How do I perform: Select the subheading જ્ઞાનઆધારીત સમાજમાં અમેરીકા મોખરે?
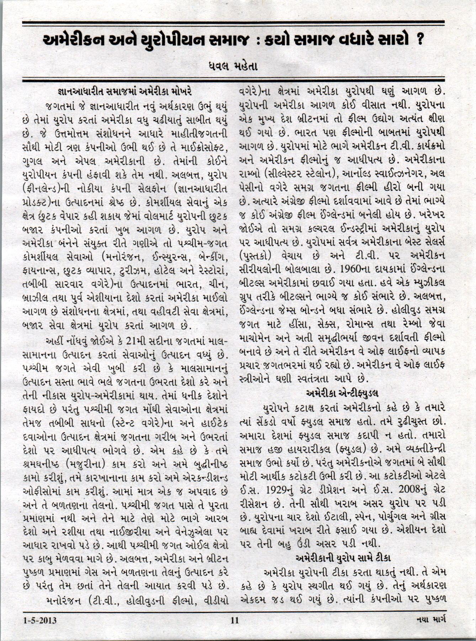click(x=125, y=93)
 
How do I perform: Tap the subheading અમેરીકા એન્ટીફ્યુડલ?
click(x=342, y=392)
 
